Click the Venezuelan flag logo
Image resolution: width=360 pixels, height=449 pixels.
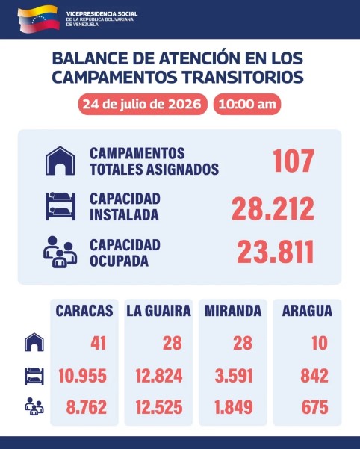click(39, 18)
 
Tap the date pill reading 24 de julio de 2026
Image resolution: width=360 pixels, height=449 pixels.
click(143, 104)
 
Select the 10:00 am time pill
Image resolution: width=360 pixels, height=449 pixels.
click(247, 104)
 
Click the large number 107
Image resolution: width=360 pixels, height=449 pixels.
click(294, 161)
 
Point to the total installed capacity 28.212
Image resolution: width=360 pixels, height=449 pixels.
click(273, 208)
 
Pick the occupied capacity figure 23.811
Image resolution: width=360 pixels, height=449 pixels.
click(276, 252)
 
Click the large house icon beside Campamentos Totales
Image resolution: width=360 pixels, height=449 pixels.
click(60, 161)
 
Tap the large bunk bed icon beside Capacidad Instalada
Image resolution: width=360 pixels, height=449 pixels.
click(60, 206)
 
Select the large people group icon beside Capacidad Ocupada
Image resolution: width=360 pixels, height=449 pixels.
click(60, 252)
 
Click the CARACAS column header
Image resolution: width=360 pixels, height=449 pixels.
click(84, 310)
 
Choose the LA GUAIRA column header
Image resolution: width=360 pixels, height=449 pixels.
click(158, 310)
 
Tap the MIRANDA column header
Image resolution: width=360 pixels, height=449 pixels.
click(233, 310)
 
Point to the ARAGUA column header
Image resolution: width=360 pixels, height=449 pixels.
click(307, 310)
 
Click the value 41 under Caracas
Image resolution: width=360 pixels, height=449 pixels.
click(99, 343)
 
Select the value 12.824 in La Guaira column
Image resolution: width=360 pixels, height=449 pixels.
click(159, 376)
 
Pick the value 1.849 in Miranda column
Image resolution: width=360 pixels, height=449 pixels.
click(234, 407)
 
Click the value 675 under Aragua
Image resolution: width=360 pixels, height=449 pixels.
click(314, 407)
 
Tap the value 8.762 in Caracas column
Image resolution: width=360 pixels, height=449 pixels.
click(87, 407)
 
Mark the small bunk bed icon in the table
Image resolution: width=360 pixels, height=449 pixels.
click(34, 376)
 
